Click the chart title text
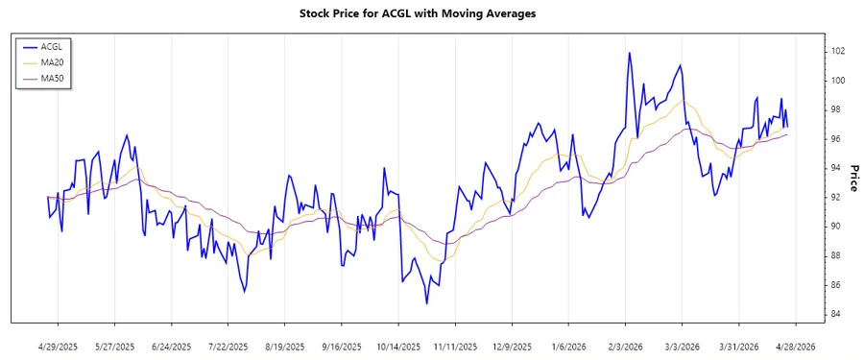coord(431,13)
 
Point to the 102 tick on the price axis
coord(838,51)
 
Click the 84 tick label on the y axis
coord(837,314)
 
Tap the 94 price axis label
coord(837,168)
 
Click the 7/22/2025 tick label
coord(229,346)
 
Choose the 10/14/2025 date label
coord(398,346)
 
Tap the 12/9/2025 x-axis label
coord(513,346)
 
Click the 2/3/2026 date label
coord(626,346)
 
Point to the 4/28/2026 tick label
coord(795,346)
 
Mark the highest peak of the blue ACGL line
coord(629,53)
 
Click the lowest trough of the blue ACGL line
coord(426,303)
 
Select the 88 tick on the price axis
coord(837,255)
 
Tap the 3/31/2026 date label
coord(738,346)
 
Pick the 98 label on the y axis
coord(837,109)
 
